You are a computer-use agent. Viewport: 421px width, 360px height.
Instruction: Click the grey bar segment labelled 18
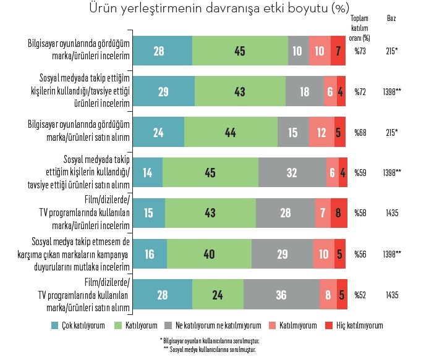tap(304, 91)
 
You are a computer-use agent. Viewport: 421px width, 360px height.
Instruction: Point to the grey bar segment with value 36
tap(281, 295)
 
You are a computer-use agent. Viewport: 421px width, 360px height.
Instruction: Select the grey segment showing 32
tap(292, 173)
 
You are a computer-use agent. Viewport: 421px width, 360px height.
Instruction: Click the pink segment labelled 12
tap(321, 132)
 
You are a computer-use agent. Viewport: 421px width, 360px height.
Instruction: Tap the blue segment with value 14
tap(148, 173)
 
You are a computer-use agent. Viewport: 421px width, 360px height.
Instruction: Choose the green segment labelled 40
tap(210, 254)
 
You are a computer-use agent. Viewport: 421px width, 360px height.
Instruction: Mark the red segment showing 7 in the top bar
tap(338, 51)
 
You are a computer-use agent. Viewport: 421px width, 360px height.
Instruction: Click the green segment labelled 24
tap(218, 295)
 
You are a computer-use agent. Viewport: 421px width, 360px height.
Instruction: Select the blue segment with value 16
tap(150, 254)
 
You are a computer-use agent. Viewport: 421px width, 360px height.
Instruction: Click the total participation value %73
tap(360, 51)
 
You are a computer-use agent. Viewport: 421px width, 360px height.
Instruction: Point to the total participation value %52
tap(360, 295)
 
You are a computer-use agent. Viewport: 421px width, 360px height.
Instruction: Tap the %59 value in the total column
tap(360, 173)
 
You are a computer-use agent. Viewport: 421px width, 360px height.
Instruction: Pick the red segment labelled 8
tap(339, 213)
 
